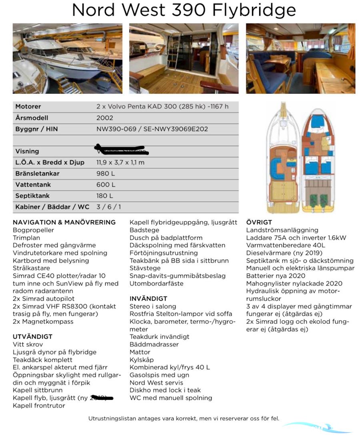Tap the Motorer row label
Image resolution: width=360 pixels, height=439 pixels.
pyautogui.click(x=28, y=107)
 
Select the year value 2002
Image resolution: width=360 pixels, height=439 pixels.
pyautogui.click(x=105, y=118)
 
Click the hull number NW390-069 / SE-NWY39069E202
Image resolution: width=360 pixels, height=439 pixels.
pyautogui.click(x=152, y=129)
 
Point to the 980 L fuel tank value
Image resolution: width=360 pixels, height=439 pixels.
pyautogui.click(x=106, y=174)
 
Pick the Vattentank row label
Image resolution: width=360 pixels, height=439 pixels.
pyautogui.click(x=33, y=185)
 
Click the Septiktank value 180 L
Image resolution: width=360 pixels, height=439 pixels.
pyautogui.click(x=105, y=196)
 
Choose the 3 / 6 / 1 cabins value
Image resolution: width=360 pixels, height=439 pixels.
pyautogui.click(x=109, y=207)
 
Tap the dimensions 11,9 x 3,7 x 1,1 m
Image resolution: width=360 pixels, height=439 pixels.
pyautogui.click(x=120, y=162)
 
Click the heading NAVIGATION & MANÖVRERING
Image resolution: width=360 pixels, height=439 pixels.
pyautogui.click(x=64, y=222)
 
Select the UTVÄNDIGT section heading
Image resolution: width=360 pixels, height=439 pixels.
pyautogui.click(x=33, y=337)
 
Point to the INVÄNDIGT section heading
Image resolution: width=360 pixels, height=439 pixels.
pyautogui.click(x=148, y=299)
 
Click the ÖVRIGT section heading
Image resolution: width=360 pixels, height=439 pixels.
pyautogui.click(x=259, y=222)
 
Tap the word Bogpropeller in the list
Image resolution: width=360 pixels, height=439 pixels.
pyautogui.click(x=33, y=230)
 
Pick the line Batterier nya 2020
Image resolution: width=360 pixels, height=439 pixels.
pyautogui.click(x=276, y=276)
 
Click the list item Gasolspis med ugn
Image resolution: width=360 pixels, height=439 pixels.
pyautogui.click(x=159, y=375)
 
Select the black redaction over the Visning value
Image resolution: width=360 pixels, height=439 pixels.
pyautogui.click(x=122, y=150)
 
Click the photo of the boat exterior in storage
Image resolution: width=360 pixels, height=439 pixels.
pyautogui.click(x=68, y=58)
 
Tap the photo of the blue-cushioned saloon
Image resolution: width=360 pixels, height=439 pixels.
pyautogui.click(x=300, y=58)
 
